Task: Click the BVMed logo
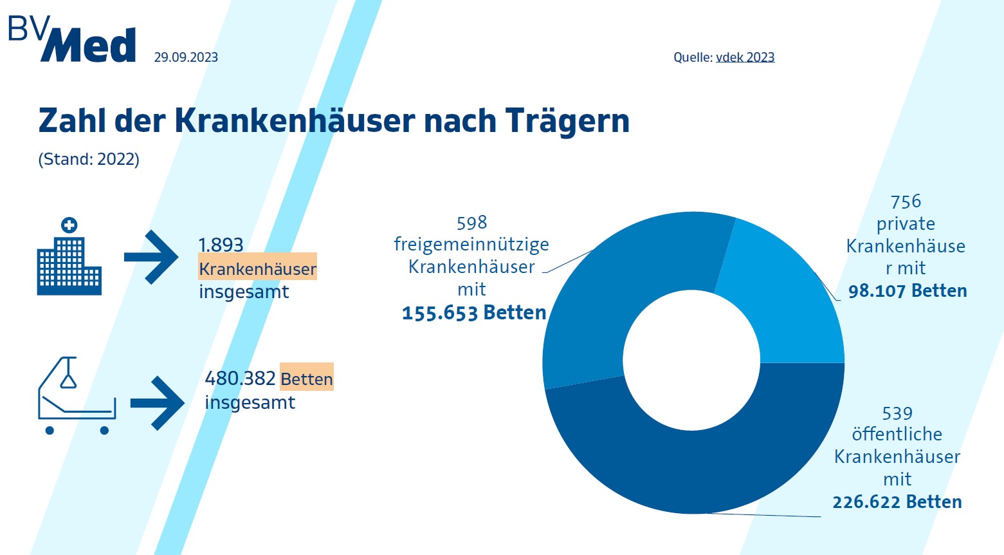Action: point(72,40)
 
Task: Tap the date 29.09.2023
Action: point(186,57)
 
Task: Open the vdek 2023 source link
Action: point(745,57)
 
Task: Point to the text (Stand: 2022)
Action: point(89,159)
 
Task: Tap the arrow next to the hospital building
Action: point(152,257)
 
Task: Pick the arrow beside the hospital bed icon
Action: point(158,403)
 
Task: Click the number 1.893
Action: point(221,245)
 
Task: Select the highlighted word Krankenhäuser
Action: point(257,268)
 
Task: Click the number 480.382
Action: point(240,378)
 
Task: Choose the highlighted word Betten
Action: point(307,379)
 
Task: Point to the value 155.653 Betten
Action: point(474,313)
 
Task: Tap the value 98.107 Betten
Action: point(908,291)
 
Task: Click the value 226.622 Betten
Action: point(897,502)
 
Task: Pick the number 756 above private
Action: point(906,202)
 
